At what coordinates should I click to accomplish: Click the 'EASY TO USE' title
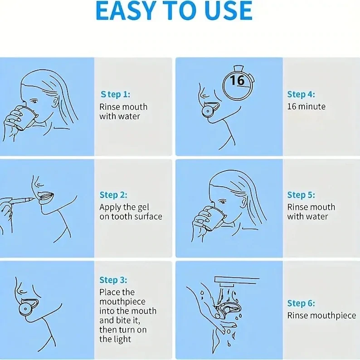174,10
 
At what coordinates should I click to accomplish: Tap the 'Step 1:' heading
115,94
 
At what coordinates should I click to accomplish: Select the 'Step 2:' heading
113,195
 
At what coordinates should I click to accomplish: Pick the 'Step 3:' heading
113,280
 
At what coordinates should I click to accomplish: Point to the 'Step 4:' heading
301,94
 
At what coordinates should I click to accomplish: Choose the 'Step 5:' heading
301,195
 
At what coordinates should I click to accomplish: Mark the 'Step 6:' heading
301,303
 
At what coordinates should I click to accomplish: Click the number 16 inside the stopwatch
237,80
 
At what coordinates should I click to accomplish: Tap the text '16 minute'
306,107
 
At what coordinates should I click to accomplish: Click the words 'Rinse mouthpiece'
321,316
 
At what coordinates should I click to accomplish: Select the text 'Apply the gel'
124,208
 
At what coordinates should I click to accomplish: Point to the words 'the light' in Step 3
115,339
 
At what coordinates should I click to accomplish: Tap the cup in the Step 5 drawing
213,219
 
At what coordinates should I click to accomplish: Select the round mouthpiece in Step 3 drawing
25,309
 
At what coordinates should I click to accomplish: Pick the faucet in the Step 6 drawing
237,282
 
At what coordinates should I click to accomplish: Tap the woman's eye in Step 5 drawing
222,202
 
